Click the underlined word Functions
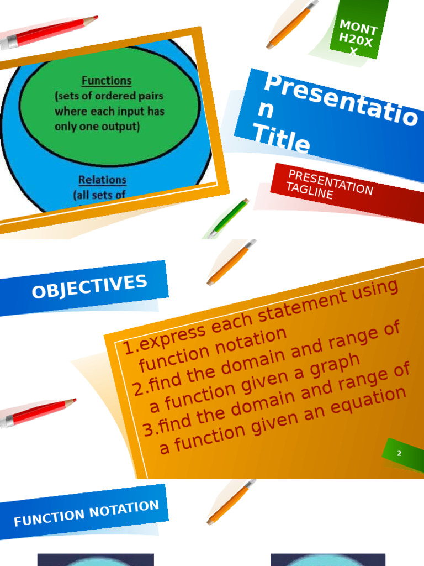pyautogui.click(x=107, y=81)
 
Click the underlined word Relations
pyautogui.click(x=102, y=180)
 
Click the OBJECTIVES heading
pyautogui.click(x=89, y=286)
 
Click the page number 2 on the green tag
pyautogui.click(x=399, y=454)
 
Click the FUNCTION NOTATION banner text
pyautogui.click(x=86, y=513)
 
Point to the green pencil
pyautogui.click(x=228, y=218)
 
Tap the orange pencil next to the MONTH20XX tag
pyautogui.click(x=291, y=25)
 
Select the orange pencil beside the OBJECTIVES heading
pyautogui.click(x=230, y=263)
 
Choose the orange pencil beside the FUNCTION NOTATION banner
pyautogui.click(x=230, y=502)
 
